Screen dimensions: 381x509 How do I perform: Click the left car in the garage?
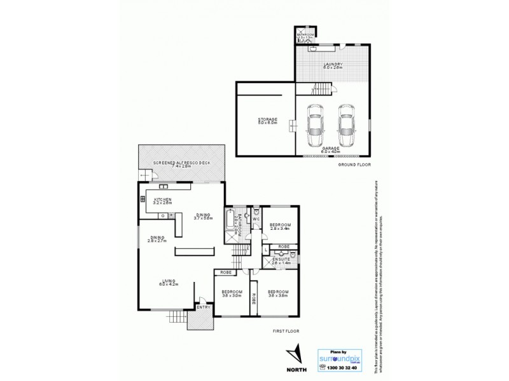[x=315, y=125]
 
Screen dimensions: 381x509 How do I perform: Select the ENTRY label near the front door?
[x=204, y=307]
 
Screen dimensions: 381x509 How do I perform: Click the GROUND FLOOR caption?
[x=354, y=164]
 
